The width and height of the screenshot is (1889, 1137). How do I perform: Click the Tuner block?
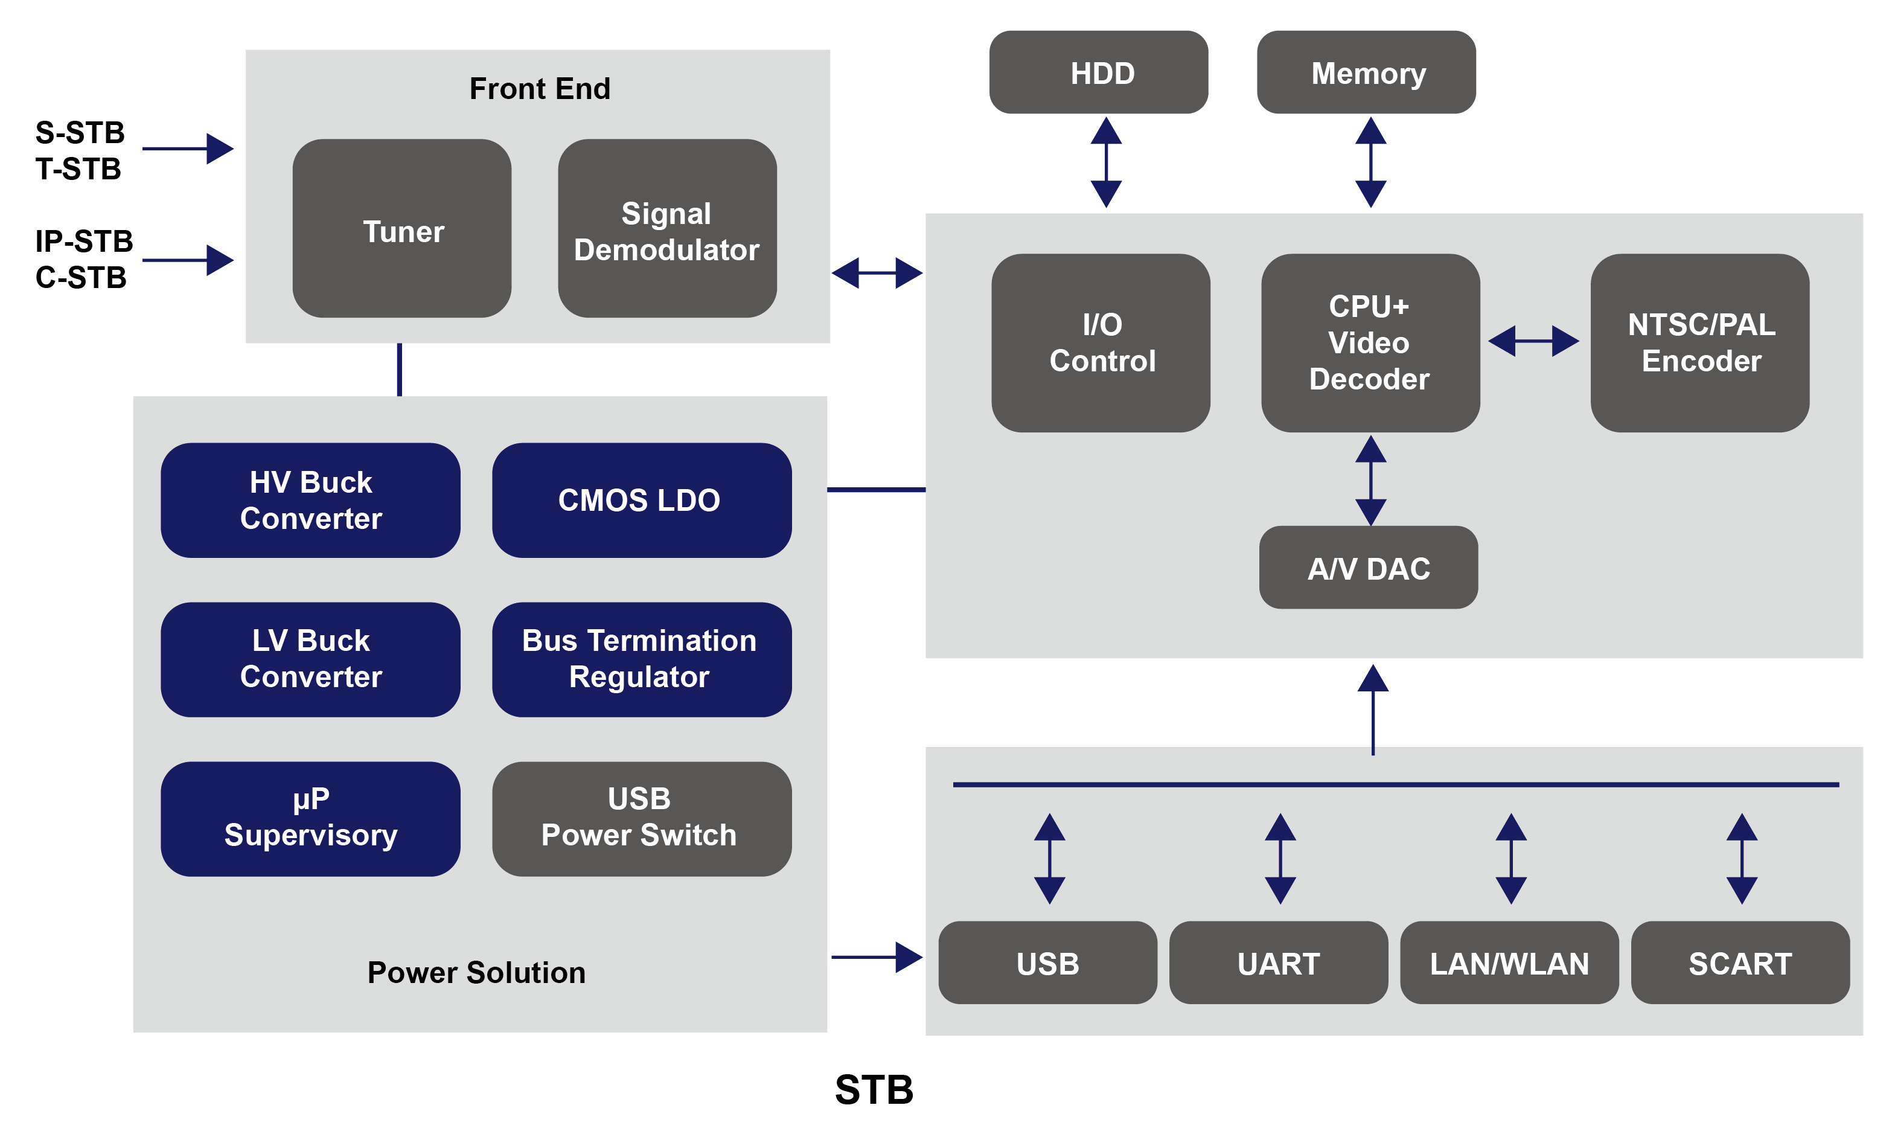[x=401, y=228]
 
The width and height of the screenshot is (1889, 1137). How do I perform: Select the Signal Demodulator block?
[x=666, y=228]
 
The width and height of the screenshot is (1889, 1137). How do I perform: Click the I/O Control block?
[x=1100, y=342]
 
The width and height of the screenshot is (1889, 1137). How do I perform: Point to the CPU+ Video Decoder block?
[x=1370, y=342]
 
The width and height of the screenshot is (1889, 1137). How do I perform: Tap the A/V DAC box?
[x=1368, y=568]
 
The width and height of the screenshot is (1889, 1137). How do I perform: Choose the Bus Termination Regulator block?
[x=641, y=659]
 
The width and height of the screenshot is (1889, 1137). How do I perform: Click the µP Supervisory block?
[x=310, y=818]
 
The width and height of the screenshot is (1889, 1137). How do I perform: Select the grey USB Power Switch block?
[x=641, y=818]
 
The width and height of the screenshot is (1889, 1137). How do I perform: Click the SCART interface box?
[x=1740, y=962]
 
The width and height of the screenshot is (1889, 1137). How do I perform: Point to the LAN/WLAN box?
[x=1509, y=962]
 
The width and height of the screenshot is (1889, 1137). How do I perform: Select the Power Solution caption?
[x=476, y=972]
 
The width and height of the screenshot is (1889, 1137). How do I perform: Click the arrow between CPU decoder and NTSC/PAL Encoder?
[x=1533, y=341]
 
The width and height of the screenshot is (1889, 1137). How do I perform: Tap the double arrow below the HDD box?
[x=1105, y=162]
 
